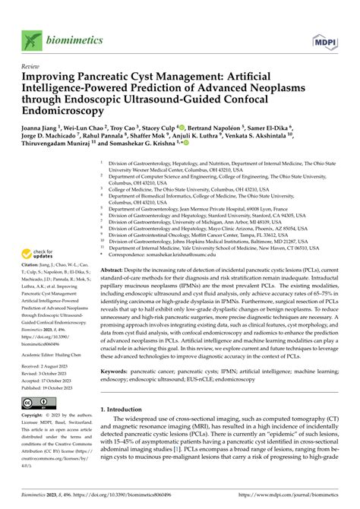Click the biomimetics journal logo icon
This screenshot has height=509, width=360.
[x=30, y=38]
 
